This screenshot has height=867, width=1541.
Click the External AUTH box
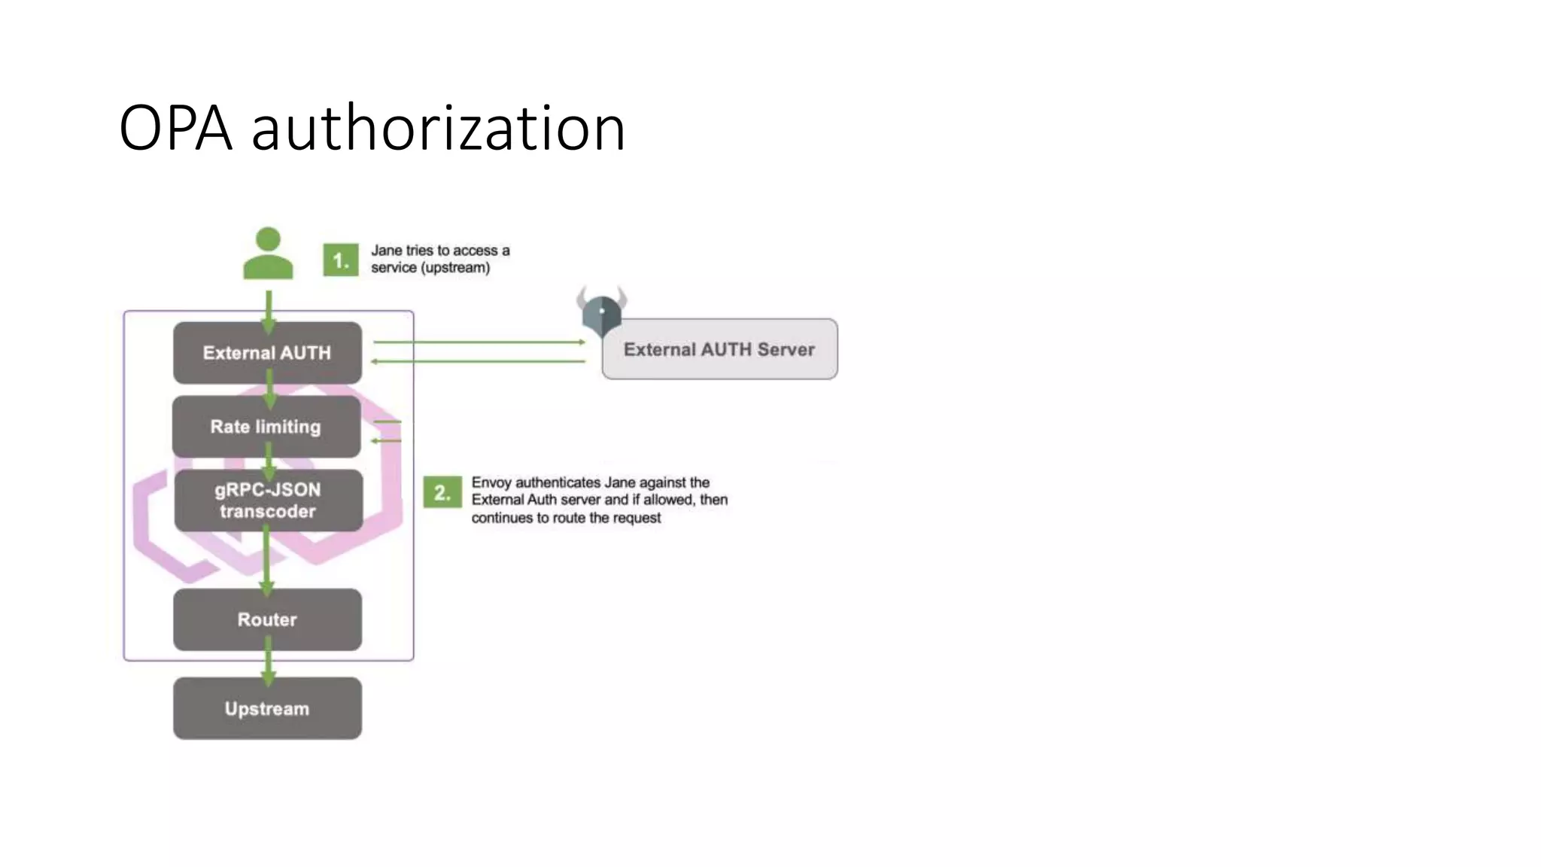pyautogui.click(x=267, y=353)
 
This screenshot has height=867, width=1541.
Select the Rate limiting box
pyautogui.click(x=266, y=427)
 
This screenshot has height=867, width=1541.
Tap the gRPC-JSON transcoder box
pyautogui.click(x=268, y=500)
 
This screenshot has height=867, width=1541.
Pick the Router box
pyautogui.click(x=267, y=619)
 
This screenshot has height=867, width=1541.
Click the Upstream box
pyautogui.click(x=267, y=708)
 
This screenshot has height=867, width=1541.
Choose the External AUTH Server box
pyautogui.click(x=719, y=349)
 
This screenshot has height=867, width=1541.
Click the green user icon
pyautogui.click(x=268, y=254)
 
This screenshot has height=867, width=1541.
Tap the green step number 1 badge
pyautogui.click(x=341, y=260)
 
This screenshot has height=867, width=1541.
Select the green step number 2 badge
pyautogui.click(x=442, y=493)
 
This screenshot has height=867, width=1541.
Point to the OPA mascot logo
pyautogui.click(x=601, y=310)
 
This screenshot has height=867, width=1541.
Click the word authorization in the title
pyautogui.click(x=438, y=129)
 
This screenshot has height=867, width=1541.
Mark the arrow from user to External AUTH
pyautogui.click(x=269, y=309)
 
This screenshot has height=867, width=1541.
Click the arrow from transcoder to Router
pyautogui.click(x=266, y=560)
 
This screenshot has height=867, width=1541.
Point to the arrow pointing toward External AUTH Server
pyautogui.click(x=479, y=342)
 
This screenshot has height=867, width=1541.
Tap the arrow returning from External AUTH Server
pyautogui.click(x=479, y=362)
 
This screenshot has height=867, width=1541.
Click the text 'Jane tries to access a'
pyautogui.click(x=440, y=251)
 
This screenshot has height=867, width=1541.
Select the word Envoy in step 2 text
pyautogui.click(x=491, y=482)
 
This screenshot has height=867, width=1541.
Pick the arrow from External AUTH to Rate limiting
pyautogui.click(x=269, y=390)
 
